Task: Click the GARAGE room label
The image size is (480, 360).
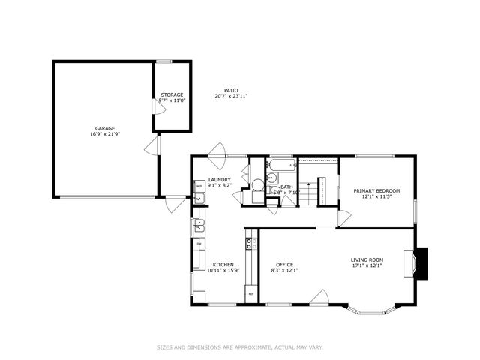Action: coord(104,128)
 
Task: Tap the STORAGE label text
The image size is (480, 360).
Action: coord(172,94)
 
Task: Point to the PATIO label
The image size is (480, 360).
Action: coord(231,90)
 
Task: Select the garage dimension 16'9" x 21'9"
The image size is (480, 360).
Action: coord(104,134)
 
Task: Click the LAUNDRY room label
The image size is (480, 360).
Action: coord(219,180)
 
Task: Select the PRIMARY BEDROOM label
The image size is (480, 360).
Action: coord(376,191)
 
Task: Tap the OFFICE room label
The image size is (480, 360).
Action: coord(284,264)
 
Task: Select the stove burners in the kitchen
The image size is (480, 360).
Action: coord(250,243)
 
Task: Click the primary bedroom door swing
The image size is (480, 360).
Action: coord(343,218)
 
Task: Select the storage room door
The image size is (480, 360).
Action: coord(156,106)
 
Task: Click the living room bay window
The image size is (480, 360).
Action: coord(375,307)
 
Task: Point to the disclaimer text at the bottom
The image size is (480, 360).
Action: coord(240,347)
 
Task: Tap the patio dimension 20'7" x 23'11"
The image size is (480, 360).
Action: coord(231,96)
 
